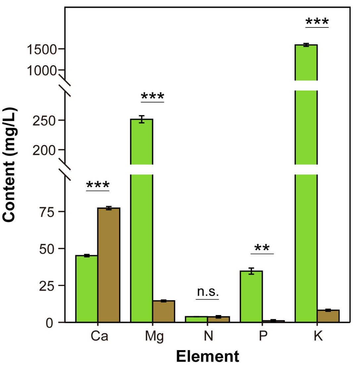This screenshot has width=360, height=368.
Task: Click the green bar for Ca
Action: (87, 289)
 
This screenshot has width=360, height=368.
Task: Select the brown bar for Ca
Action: (109, 265)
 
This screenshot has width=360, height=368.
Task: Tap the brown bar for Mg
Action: (164, 311)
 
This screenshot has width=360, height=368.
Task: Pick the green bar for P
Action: (251, 297)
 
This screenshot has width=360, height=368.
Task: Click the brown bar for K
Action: (328, 316)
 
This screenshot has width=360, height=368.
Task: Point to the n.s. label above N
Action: (208, 292)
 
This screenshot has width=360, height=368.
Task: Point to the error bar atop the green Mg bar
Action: (142, 119)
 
